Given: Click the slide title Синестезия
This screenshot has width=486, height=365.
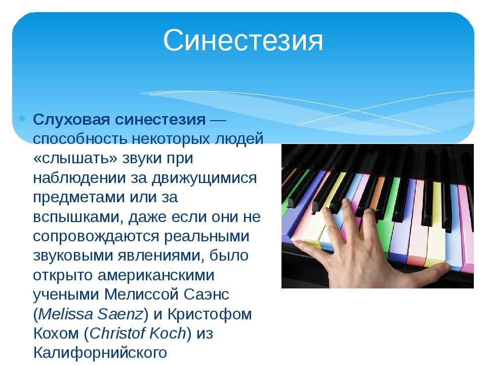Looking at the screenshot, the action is (x=243, y=40).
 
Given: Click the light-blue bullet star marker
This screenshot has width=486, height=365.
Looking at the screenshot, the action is (x=22, y=119).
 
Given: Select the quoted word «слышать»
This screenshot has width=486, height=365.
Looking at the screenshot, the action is (x=75, y=158).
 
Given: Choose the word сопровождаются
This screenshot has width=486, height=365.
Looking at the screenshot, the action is (x=96, y=237).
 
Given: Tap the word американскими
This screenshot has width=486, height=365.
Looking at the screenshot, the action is (x=156, y=275).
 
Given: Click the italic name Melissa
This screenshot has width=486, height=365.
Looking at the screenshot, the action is (x=66, y=314).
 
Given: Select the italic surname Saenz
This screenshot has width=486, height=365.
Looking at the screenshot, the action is (x=120, y=314).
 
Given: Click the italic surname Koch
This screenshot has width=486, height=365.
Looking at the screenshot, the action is (x=168, y=334).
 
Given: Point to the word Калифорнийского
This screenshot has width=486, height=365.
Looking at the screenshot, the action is (x=100, y=353).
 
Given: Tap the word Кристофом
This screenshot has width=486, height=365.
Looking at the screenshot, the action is (x=210, y=314).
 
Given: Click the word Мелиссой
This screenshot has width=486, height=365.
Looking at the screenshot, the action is (x=141, y=295).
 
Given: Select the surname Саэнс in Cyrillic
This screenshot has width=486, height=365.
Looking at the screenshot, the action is (x=206, y=295).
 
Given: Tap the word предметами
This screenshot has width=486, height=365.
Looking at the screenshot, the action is (x=79, y=198).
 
